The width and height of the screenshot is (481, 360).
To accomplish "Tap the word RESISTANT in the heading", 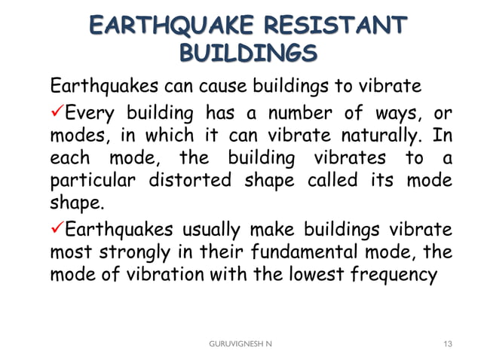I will point(333,24).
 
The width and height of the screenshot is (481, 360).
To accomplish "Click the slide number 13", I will point(449,343).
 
